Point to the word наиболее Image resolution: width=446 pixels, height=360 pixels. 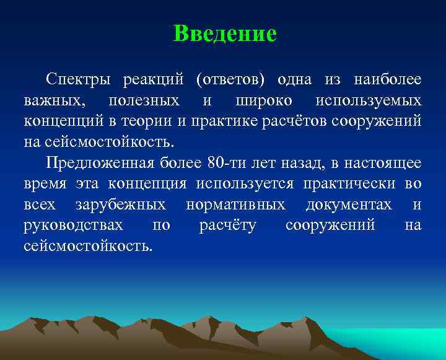tap(387, 80)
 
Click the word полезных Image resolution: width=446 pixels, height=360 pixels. tap(144, 100)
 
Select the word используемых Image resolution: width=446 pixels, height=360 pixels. tap(369, 100)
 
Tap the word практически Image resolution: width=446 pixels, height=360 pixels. tap(351, 184)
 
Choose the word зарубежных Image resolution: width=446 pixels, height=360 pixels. tap(120, 204)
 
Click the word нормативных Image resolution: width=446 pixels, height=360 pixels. tap(235, 204)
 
